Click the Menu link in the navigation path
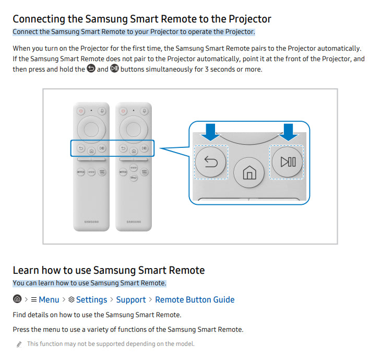pyautogui.click(x=49, y=300)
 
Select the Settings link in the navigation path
pyautogui.click(x=92, y=300)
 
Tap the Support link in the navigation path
pyautogui.click(x=131, y=300)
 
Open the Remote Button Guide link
pyautogui.click(x=195, y=300)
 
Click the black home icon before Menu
pyautogui.click(x=17, y=299)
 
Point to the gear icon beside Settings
pyautogui.click(x=71, y=300)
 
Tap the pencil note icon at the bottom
pyautogui.click(x=19, y=344)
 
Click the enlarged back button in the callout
pyautogui.click(x=211, y=162)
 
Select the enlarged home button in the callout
pyautogui.click(x=249, y=173)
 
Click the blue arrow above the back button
pyautogui.click(x=210, y=132)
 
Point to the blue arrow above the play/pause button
pyautogui.click(x=288, y=132)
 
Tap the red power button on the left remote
pyautogui.click(x=81, y=111)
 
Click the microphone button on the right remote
pyautogui.click(x=145, y=111)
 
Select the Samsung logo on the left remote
pyautogui.click(x=92, y=222)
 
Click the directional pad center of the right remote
pyautogui.click(x=134, y=130)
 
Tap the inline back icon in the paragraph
pyautogui.click(x=91, y=68)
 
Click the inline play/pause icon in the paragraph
pyautogui.click(x=114, y=68)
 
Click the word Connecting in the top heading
pyautogui.click(x=39, y=19)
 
